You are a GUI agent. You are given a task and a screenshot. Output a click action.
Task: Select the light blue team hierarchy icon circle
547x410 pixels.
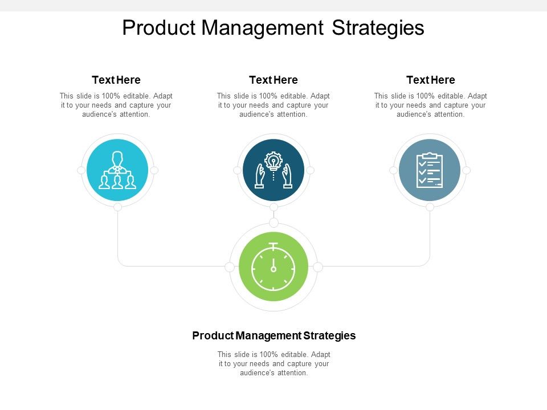pos(117,170)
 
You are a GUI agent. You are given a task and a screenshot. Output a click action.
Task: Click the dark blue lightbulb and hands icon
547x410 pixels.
pos(273,170)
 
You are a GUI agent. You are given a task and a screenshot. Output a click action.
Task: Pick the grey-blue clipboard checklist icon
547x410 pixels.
pos(430,170)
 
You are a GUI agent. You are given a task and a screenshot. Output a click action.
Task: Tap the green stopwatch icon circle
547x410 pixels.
pos(273,267)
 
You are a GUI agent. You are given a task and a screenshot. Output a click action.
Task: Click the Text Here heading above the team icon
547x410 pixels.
pos(116,80)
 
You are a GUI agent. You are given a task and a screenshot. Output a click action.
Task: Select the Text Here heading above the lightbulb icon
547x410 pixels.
pos(273,80)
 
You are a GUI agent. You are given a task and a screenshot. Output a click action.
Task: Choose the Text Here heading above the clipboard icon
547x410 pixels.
pos(431,80)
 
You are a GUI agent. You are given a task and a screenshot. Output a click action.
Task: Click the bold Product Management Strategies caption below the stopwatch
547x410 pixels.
pos(273,335)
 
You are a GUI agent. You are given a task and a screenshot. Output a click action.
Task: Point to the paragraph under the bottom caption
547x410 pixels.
pos(273,363)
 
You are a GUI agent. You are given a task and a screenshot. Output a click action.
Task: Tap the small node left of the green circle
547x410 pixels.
pos(230,266)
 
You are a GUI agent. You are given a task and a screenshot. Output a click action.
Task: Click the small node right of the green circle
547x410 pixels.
pos(318,266)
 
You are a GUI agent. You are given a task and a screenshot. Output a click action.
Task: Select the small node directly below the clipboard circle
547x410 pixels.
pos(430,207)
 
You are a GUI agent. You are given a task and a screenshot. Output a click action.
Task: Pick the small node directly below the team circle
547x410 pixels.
pos(117,207)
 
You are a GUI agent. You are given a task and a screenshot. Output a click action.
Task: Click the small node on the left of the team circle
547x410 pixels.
pos(81,170)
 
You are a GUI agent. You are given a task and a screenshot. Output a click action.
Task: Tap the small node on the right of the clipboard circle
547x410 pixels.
pos(466,170)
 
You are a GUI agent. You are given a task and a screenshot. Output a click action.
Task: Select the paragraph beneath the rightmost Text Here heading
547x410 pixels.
pos(431,105)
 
